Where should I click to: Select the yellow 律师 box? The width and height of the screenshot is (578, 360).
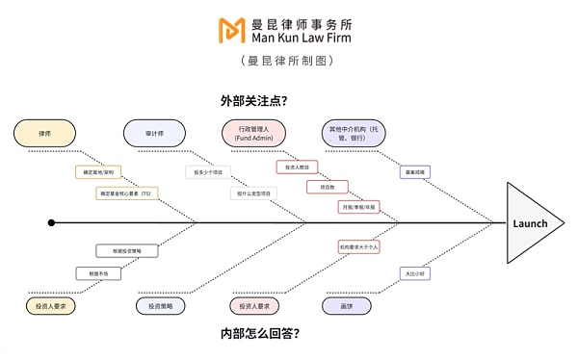coord(45,134)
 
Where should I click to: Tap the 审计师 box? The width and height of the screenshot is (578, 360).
coord(153,134)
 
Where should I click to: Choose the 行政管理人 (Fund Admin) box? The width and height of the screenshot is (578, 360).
coord(254,134)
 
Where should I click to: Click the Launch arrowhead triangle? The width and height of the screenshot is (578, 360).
coord(532,222)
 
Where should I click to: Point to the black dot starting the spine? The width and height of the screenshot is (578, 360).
coord(51,222)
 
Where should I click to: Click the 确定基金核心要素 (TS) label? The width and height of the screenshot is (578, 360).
coord(125,193)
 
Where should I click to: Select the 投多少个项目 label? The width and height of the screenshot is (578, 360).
coord(209,172)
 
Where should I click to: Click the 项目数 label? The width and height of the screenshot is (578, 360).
coord(327,187)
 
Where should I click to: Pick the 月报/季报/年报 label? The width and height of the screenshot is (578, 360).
coord(358,207)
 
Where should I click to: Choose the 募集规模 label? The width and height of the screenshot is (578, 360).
coord(416,172)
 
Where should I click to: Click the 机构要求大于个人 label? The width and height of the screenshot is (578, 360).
coord(359,246)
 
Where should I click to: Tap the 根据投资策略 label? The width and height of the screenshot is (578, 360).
coord(126,250)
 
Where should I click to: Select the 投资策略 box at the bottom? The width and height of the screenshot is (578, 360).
coord(161,305)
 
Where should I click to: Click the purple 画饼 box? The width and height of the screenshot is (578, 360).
coord(346,305)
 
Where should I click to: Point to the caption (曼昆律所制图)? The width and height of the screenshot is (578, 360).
coord(287,60)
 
